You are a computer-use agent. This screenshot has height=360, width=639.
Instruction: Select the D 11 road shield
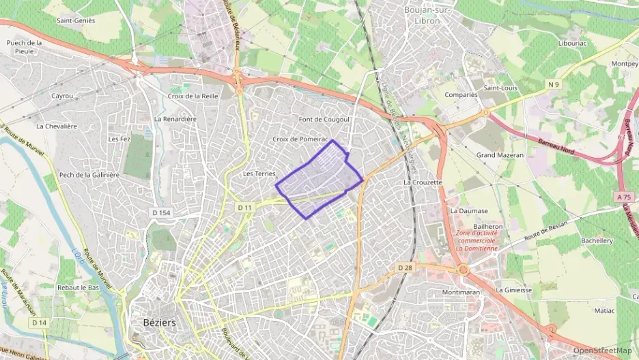pos(245,207)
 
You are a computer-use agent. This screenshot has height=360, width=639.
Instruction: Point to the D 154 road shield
pos(160,213)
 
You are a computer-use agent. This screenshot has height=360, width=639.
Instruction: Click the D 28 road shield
pos(405,268)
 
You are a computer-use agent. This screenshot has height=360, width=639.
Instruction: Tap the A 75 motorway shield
pos(623,196)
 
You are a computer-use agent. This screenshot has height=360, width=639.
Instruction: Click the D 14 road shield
pos(38,322)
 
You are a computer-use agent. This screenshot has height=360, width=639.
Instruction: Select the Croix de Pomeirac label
pos(300,139)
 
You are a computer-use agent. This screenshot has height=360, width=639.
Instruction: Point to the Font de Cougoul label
pos(324,120)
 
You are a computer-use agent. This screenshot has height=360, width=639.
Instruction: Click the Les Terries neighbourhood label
pos(259,174)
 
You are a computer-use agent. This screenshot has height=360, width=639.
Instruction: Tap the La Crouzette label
pos(423,182)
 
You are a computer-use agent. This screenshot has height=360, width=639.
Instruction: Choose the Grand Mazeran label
pos(500,155)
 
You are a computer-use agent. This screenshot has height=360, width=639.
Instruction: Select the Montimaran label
pos(461,292)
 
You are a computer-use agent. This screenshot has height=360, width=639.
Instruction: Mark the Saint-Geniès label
pos(76,20)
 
